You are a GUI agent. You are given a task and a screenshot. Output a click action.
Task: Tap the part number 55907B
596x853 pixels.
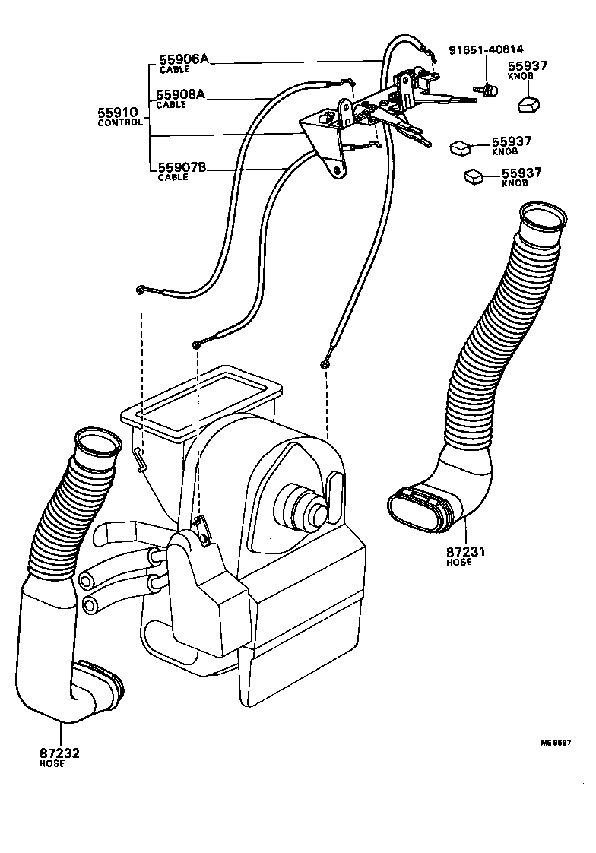182,168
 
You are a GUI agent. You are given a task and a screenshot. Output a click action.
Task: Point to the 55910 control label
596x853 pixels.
119,113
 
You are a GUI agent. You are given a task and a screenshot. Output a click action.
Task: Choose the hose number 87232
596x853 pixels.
59,753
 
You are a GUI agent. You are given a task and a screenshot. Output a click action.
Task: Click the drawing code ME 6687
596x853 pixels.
556,742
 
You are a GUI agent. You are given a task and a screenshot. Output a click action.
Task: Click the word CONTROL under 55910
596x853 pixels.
120,122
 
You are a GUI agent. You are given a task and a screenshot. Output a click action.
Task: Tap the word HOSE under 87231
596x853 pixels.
458,562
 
